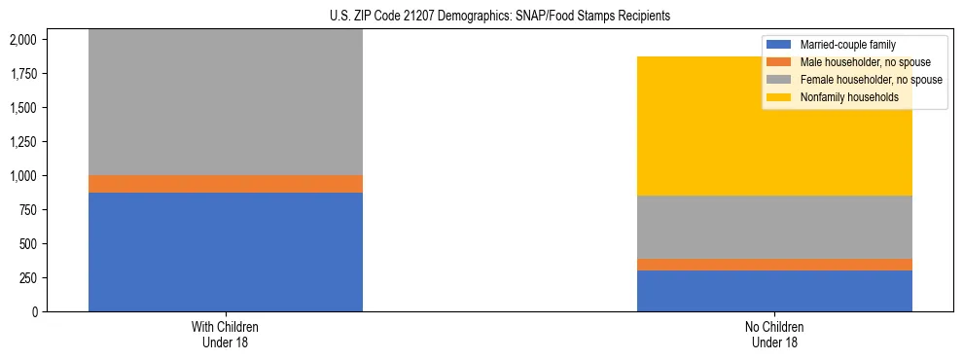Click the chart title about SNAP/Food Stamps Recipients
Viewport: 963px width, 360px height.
point(482,17)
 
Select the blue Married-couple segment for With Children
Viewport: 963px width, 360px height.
point(226,252)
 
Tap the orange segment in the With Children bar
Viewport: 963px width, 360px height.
point(226,184)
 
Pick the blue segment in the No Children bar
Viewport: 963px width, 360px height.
point(774,291)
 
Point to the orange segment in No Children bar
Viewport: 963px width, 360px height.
point(774,265)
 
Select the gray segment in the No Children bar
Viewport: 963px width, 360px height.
point(774,227)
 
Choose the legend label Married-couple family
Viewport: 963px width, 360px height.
point(847,45)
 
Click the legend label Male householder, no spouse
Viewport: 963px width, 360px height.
point(861,62)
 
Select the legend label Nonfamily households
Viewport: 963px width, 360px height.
point(847,97)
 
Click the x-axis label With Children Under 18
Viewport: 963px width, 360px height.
point(226,334)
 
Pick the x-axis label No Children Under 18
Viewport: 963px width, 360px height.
point(774,334)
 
